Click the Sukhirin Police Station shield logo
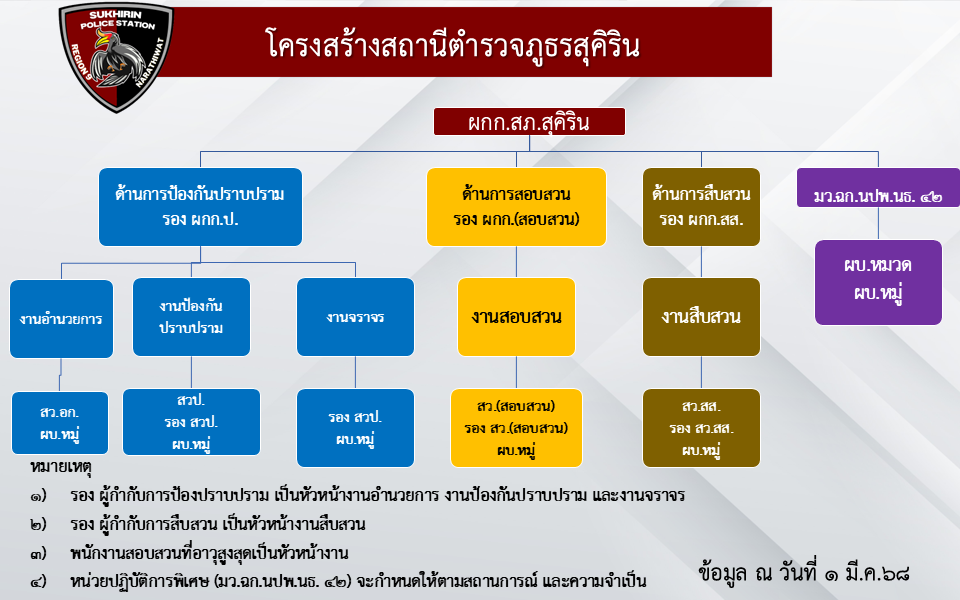[x=116, y=57]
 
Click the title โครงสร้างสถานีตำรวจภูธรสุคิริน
[x=452, y=45]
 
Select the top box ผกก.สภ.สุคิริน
[x=529, y=121]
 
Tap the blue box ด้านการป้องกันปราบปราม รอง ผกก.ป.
[x=200, y=207]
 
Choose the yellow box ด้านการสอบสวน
[x=516, y=207]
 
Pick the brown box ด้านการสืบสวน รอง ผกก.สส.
[x=701, y=207]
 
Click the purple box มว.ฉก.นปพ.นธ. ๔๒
[x=878, y=188]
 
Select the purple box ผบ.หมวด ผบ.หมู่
[x=878, y=282]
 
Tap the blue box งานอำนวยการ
[x=61, y=318]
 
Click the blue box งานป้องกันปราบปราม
[x=191, y=317]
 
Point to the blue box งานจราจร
[x=355, y=317]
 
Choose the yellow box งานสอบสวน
[x=516, y=317]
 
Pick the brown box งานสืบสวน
[x=701, y=317]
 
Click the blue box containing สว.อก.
[x=60, y=423]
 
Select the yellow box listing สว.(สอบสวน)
[x=516, y=428]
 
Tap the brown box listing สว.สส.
[x=701, y=428]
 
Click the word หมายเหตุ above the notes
[x=61, y=468]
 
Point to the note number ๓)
[x=38, y=554]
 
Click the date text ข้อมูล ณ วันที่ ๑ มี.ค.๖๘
[x=803, y=573]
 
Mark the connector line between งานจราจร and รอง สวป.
[x=355, y=372]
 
